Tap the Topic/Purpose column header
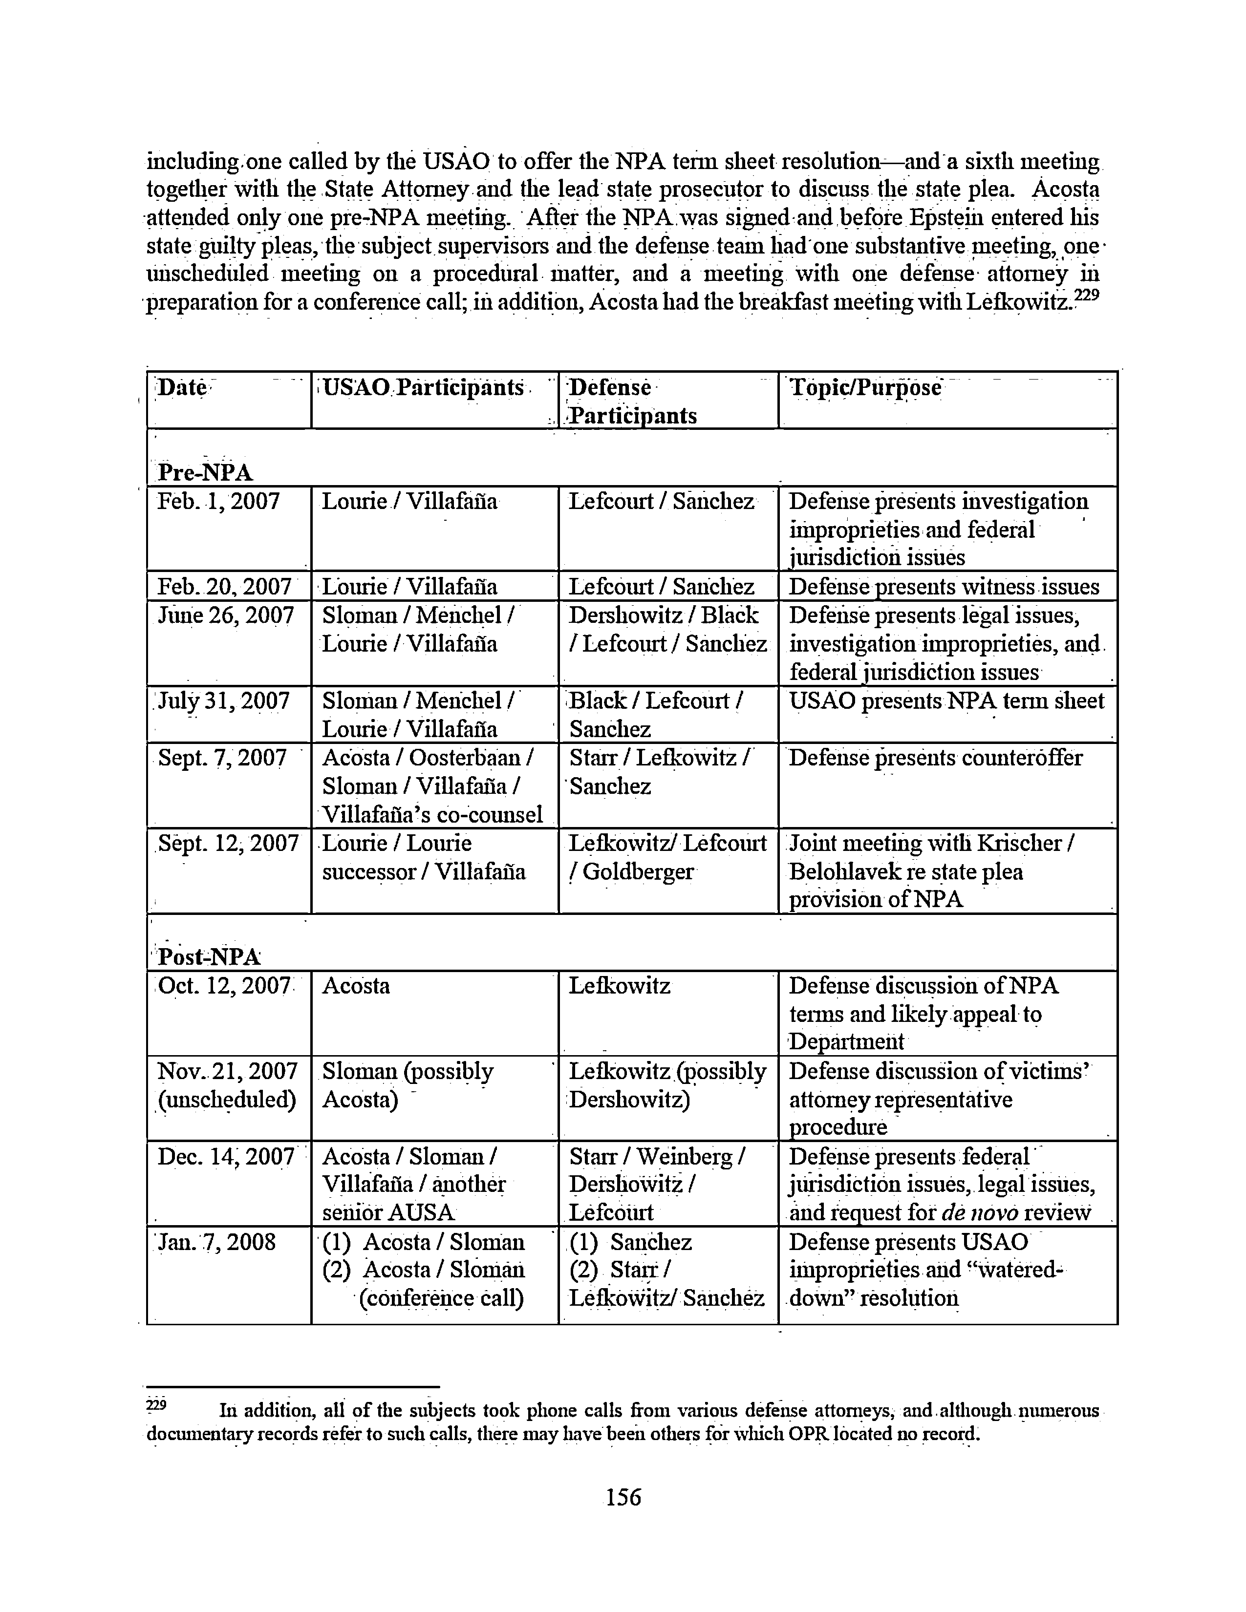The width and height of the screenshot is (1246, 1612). (865, 387)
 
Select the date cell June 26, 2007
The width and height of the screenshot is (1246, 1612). (226, 615)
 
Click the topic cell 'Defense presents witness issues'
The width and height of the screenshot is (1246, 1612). (944, 587)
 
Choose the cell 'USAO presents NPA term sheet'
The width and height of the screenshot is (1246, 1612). (946, 700)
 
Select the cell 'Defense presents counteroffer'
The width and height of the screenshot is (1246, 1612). (935, 758)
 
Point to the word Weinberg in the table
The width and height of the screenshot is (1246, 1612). (685, 1157)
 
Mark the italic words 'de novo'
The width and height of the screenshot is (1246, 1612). (988, 1213)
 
